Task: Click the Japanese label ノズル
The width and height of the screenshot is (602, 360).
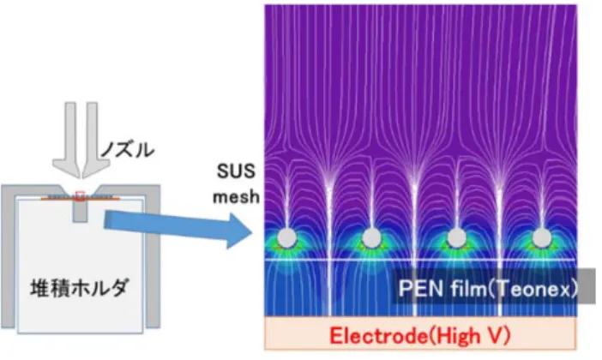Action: [128, 149]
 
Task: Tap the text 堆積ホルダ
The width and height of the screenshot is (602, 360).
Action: [79, 287]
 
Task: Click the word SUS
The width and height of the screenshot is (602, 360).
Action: [236, 171]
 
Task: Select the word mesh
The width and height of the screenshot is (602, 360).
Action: [237, 196]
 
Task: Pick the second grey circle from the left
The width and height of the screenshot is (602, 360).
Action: [371, 237]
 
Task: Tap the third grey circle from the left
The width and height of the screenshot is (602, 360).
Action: [456, 237]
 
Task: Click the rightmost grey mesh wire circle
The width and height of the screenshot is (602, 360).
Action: [542, 237]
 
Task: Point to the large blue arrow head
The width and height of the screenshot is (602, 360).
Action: [238, 231]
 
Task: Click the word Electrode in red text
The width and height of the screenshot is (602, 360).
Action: [378, 335]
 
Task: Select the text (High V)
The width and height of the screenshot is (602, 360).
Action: [469, 335]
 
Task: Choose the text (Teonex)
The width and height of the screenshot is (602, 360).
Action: [532, 288]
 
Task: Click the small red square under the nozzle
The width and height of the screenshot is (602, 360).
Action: [80, 195]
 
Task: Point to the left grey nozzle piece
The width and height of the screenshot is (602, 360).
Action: [68, 139]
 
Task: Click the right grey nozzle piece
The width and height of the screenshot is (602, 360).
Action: [94, 139]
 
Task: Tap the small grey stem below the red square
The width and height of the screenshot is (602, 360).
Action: [80, 211]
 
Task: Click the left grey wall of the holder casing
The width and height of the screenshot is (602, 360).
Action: [8, 257]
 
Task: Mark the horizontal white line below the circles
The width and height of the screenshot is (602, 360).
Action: [420, 260]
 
